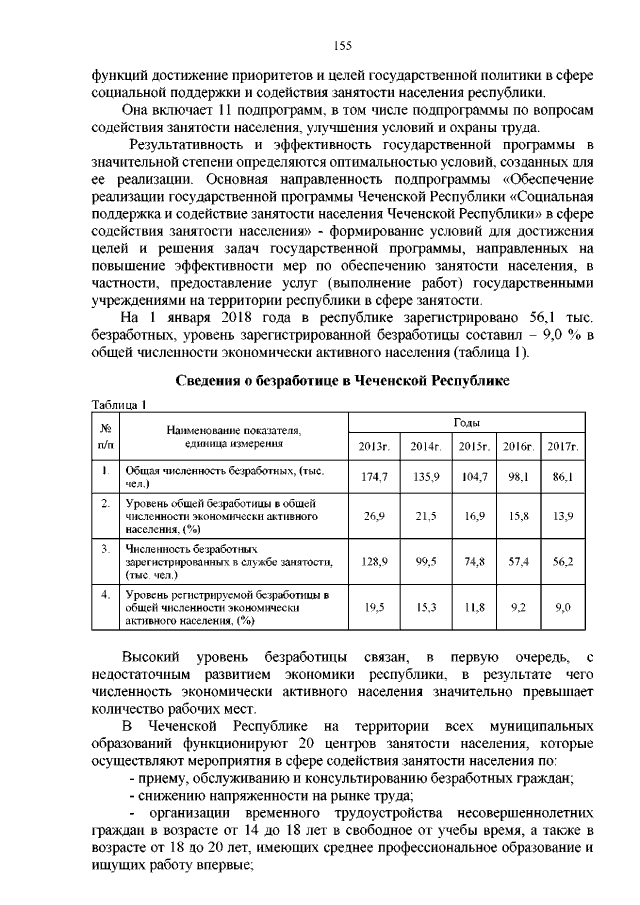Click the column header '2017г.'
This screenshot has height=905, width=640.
[563, 444]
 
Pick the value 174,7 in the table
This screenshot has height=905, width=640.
[373, 478]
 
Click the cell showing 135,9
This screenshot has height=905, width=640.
[426, 478]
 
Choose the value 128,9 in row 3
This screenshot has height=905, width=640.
[373, 563]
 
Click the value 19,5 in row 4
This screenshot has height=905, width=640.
[373, 607]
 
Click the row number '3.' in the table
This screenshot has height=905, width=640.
[104, 549]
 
